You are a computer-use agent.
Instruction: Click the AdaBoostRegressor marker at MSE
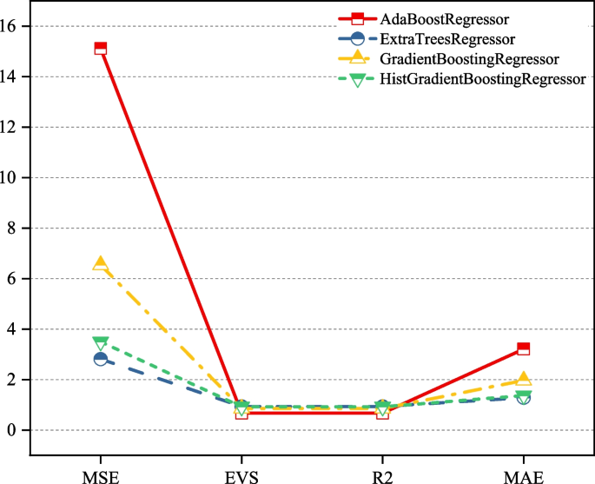[101, 49]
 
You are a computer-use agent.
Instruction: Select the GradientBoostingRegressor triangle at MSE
[101, 264]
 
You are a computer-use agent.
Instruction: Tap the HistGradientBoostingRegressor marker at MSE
[101, 343]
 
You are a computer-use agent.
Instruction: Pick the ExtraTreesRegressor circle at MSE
[101, 359]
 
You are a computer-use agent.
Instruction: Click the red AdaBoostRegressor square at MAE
[523, 348]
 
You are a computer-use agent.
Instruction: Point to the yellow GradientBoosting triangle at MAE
[523, 380]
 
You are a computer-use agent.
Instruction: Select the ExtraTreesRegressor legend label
[447, 39]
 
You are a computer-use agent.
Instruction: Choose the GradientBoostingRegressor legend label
[468, 59]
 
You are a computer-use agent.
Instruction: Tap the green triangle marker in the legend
[357, 80]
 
